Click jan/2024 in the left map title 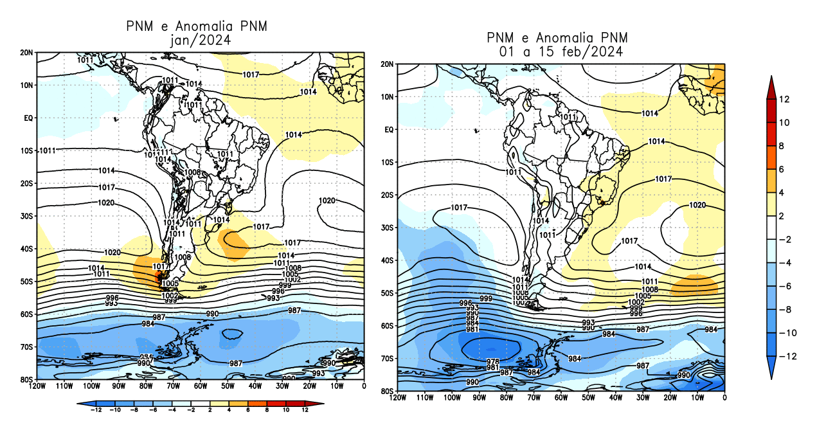tap(197, 40)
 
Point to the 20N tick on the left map tap(26, 53)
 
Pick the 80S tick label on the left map tap(26, 379)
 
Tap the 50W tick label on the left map tap(228, 386)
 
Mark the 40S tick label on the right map tap(386, 260)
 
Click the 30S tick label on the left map tap(26, 216)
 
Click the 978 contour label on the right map tap(493, 361)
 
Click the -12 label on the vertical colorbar tap(792, 355)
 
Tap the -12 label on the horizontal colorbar tap(96, 410)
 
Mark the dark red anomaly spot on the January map tap(159, 278)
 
